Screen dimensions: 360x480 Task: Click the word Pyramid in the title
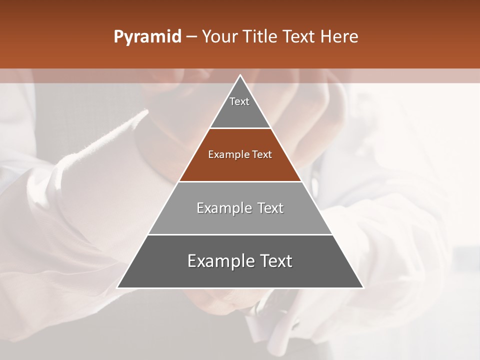[147, 37]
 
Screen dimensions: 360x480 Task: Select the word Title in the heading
[261, 37]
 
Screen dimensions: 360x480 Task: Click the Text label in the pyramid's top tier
[239, 101]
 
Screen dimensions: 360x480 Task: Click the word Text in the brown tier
[262, 154]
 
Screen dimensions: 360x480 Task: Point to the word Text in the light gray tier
[270, 208]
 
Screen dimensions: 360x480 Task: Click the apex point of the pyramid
[240, 75]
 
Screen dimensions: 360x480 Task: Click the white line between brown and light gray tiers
[240, 181]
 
